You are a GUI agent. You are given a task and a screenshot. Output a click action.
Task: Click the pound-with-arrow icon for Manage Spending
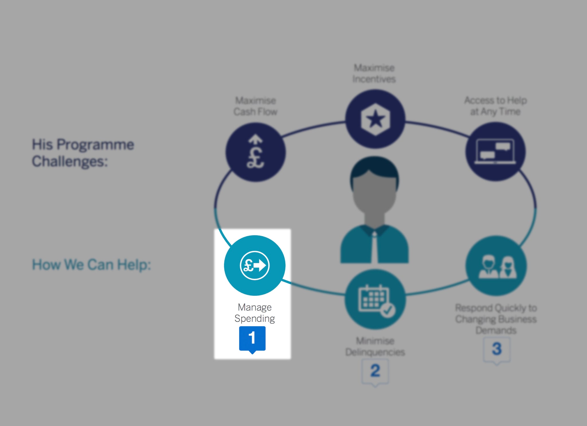click(x=255, y=265)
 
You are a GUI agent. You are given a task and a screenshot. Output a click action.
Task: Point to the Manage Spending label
click(x=255, y=313)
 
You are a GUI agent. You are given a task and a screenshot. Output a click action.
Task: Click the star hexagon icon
click(x=375, y=119)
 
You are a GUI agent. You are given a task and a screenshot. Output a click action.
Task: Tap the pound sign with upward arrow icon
click(x=255, y=152)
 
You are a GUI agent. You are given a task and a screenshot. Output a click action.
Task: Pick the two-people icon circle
click(x=496, y=265)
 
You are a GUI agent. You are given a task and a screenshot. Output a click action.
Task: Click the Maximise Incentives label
click(x=374, y=73)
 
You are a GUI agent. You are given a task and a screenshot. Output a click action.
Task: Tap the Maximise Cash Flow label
click(x=255, y=106)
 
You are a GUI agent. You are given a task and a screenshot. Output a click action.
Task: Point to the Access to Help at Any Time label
click(x=496, y=106)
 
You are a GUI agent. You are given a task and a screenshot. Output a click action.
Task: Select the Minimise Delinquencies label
click(x=375, y=346)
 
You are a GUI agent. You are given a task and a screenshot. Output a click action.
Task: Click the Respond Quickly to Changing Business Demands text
click(x=496, y=319)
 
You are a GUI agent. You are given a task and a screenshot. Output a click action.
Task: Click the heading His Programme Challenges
click(x=83, y=153)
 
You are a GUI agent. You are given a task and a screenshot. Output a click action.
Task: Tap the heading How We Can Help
click(x=91, y=265)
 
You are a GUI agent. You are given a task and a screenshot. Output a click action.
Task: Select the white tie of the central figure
click(x=374, y=247)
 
